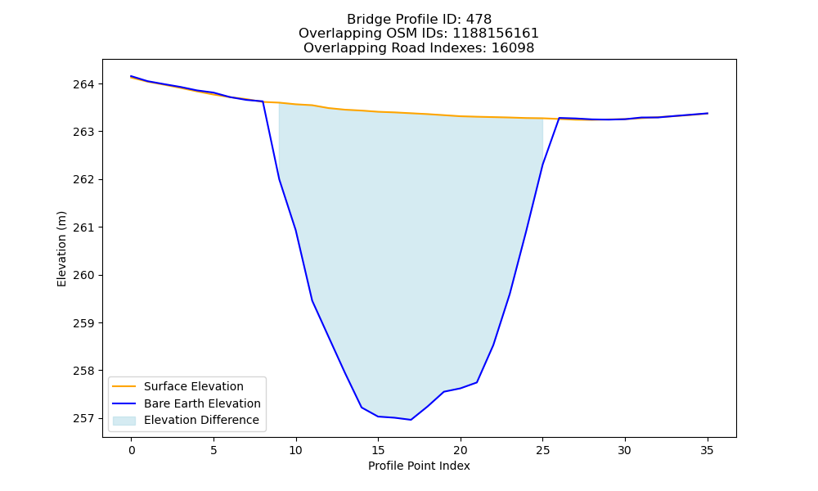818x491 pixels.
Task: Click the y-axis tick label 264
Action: [83, 84]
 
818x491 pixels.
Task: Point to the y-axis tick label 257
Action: [83, 418]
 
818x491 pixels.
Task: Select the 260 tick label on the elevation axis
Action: [83, 275]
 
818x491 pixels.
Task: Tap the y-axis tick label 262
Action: [83, 179]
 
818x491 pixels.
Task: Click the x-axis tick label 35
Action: [707, 450]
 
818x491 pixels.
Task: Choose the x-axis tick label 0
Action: [132, 450]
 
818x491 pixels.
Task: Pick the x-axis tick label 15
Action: [378, 450]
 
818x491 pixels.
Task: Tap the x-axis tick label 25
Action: [542, 450]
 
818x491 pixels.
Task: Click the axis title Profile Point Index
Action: [419, 466]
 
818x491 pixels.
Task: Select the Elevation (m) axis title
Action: [61, 249]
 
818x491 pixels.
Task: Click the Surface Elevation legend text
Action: [194, 386]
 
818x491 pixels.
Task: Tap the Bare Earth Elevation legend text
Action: [202, 403]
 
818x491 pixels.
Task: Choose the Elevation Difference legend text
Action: [201, 420]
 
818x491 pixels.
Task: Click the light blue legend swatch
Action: [124, 421]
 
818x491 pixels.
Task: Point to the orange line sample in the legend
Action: [124, 386]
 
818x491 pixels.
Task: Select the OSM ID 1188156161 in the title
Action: [496, 34]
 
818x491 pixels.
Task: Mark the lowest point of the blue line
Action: [411, 420]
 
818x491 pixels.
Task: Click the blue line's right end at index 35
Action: [708, 113]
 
